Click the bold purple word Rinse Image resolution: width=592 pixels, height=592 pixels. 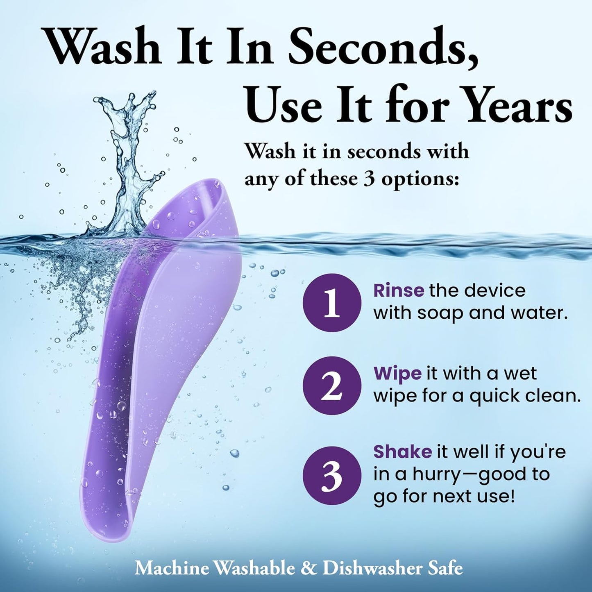click(x=399, y=290)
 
